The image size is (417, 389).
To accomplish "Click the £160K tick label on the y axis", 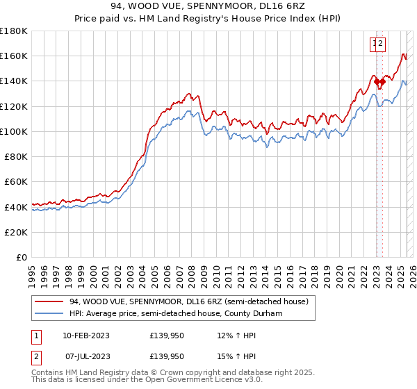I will coord(14,56).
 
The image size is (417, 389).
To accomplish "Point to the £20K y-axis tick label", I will coord(16,232).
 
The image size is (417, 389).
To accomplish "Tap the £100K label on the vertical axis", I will coord(14,131).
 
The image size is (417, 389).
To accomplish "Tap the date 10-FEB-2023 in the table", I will coord(85,336).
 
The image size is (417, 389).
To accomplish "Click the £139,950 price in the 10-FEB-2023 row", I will coord(167,336).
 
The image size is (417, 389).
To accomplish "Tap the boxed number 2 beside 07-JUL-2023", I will coord(37,356).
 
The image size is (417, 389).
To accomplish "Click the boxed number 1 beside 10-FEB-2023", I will coord(37,336).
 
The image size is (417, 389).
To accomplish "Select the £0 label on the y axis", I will coord(22,257).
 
